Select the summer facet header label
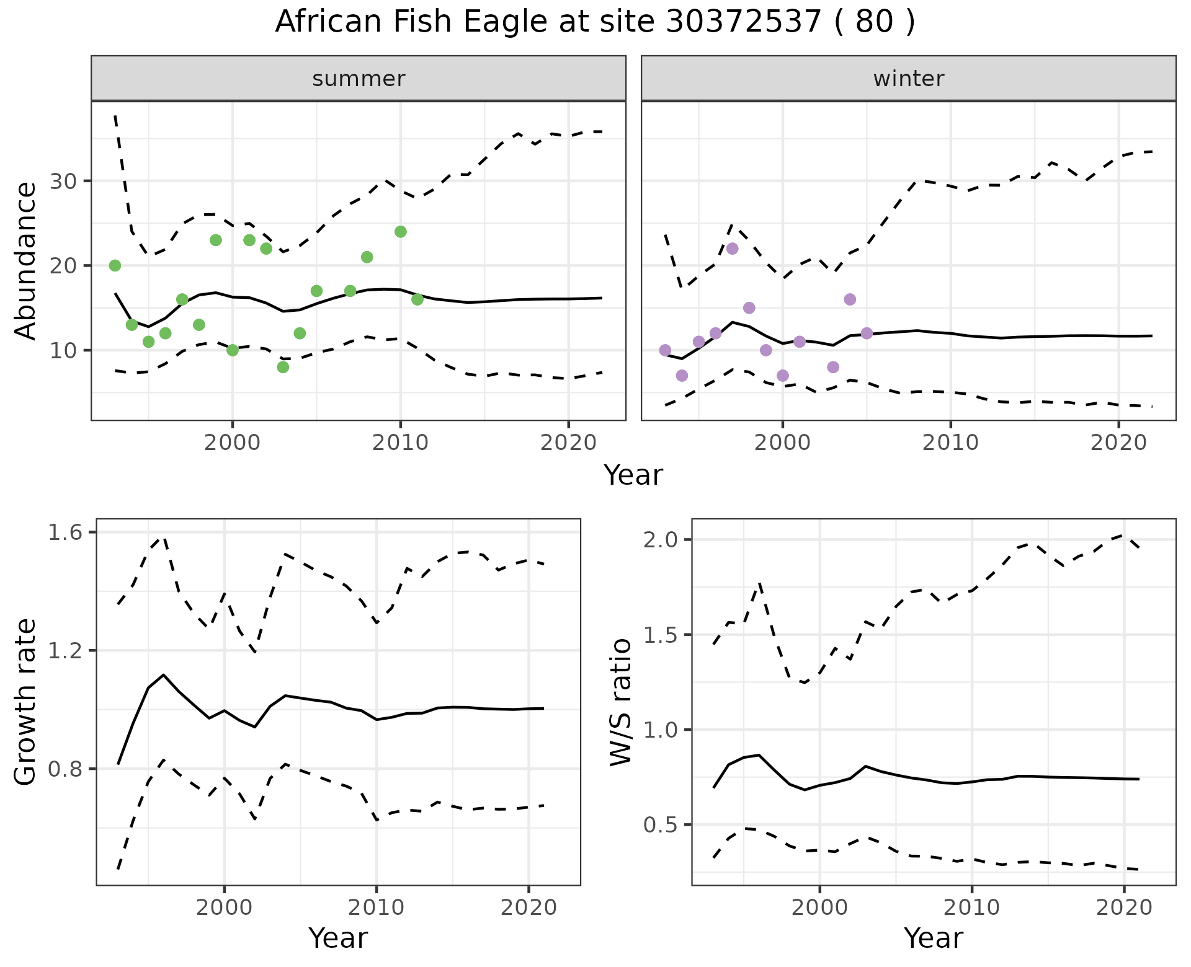click(x=359, y=79)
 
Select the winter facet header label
click(x=908, y=79)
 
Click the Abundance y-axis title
click(x=26, y=260)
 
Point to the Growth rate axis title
click(x=26, y=702)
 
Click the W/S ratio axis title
click(x=621, y=702)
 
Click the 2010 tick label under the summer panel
click(x=400, y=443)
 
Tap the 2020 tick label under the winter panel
click(x=1118, y=443)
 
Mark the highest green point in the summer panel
click(x=401, y=232)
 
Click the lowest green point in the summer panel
click(x=283, y=367)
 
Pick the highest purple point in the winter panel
click(x=732, y=249)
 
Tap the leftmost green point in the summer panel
click(x=115, y=265)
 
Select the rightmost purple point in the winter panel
click(x=867, y=333)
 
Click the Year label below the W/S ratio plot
click(x=933, y=938)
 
